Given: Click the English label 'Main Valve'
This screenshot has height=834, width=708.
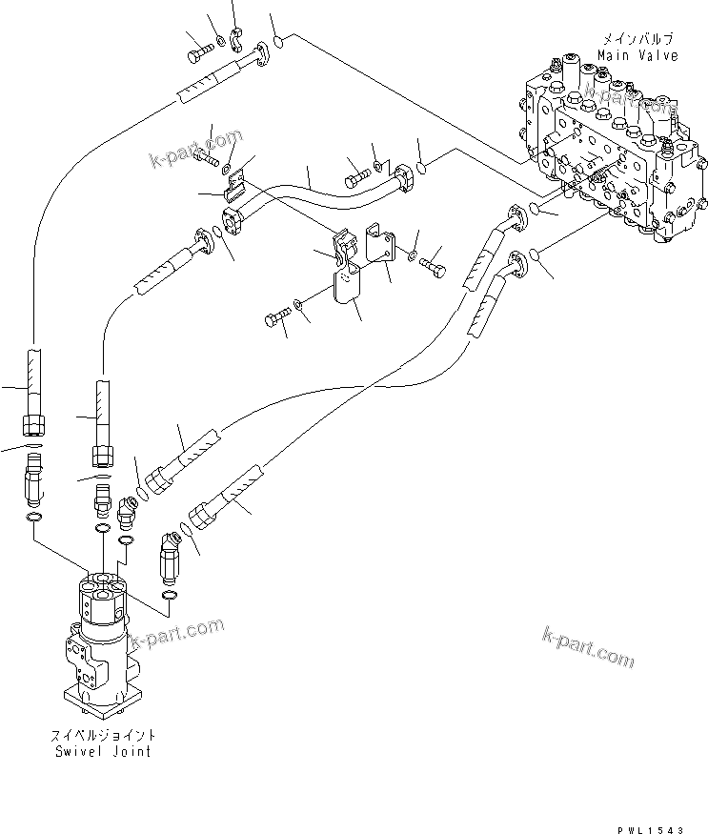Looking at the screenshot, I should (639, 55).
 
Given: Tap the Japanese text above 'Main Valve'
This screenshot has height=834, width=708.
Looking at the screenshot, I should (638, 39).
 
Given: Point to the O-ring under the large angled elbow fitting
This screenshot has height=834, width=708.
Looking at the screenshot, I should (169, 597).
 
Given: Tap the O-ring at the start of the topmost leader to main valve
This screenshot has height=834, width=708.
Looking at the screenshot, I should (276, 41).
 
